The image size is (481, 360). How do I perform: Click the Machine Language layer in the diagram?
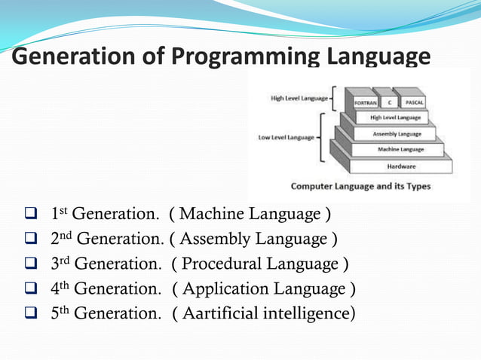(x=400, y=149)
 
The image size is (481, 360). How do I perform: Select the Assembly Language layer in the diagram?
(x=397, y=133)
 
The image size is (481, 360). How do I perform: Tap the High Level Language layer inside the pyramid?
(x=395, y=117)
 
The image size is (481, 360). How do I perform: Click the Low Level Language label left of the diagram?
(x=286, y=138)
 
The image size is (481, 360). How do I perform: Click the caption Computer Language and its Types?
(x=360, y=185)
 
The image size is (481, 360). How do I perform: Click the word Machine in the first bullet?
(x=210, y=215)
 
